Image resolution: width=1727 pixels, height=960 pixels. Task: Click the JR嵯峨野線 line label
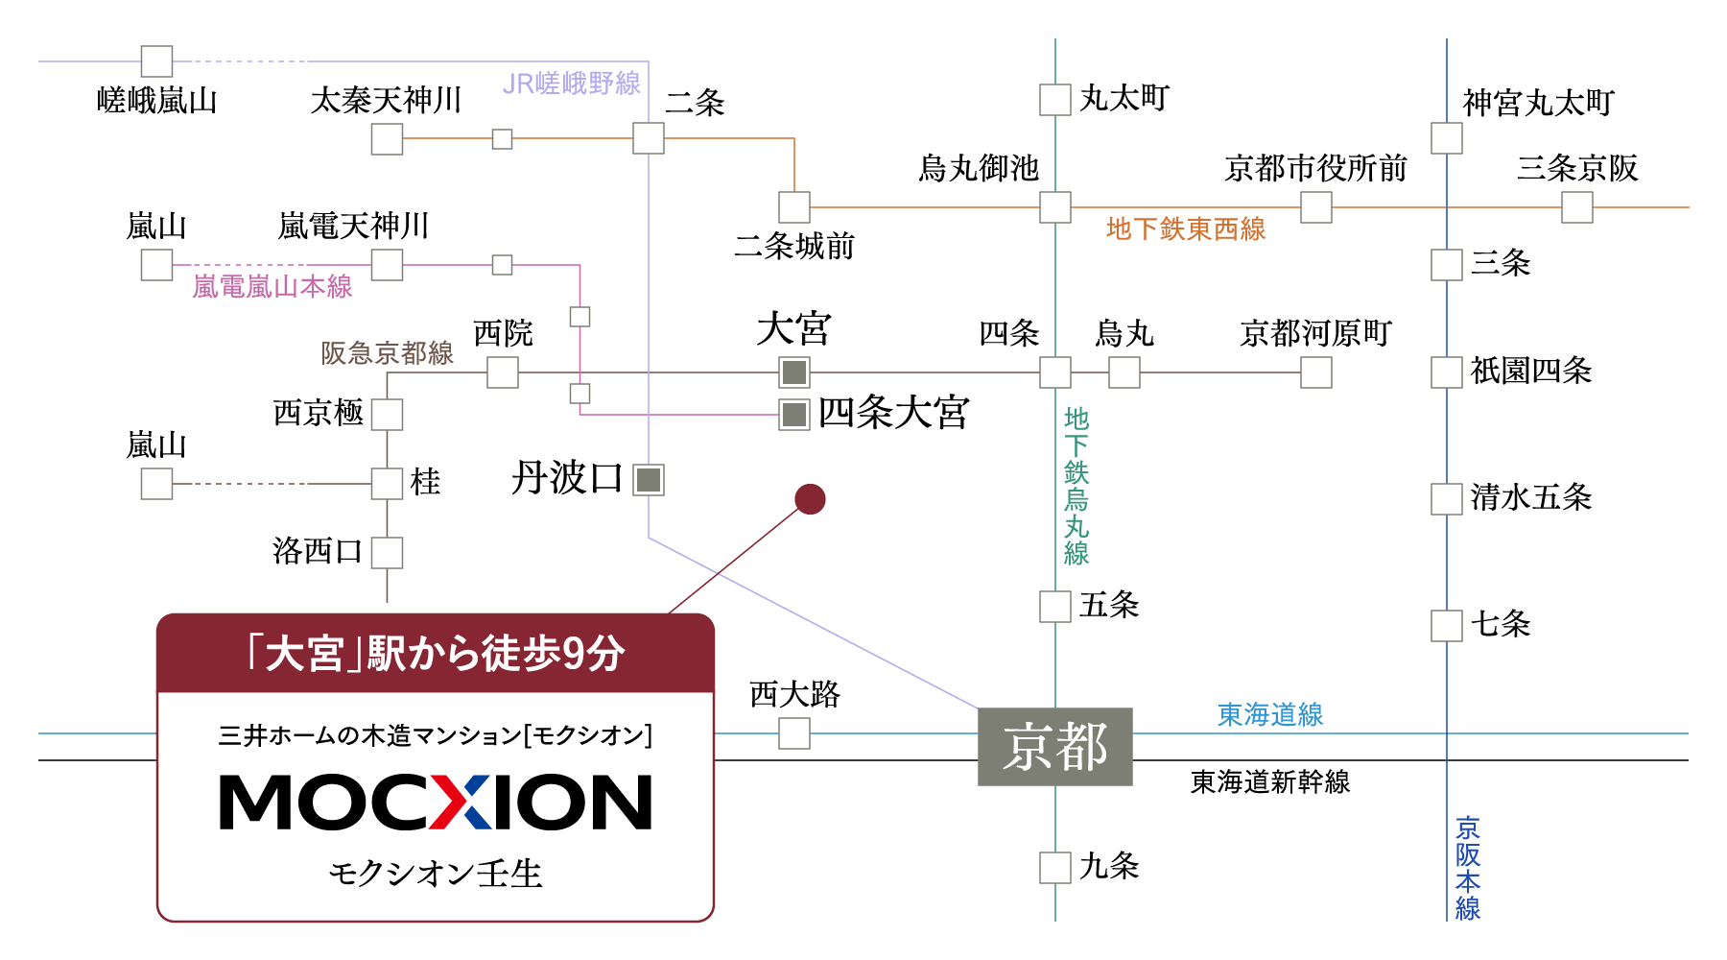(571, 84)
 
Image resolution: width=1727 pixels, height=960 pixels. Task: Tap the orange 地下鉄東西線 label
(1186, 228)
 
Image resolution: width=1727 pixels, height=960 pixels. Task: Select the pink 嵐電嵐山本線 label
(272, 286)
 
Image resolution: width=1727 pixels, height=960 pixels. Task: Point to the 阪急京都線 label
(387, 353)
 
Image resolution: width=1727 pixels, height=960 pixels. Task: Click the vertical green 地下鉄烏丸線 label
(1076, 486)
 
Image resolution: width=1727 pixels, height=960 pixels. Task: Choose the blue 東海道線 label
(1270, 714)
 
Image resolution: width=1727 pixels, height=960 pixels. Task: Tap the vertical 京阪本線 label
(1468, 868)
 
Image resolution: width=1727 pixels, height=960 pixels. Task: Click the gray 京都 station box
(1055, 747)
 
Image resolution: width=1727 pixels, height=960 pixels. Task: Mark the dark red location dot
(810, 499)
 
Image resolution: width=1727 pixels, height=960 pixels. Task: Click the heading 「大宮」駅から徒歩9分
(436, 654)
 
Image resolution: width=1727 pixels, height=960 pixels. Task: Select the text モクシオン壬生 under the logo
(436, 874)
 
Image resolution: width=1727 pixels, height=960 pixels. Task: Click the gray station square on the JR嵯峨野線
(649, 480)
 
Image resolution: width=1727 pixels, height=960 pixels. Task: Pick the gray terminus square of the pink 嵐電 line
(794, 415)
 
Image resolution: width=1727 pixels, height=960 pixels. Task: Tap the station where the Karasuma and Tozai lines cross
(1055, 207)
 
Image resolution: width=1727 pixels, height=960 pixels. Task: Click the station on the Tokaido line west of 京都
(794, 733)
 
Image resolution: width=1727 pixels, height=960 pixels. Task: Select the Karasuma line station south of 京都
(1055, 868)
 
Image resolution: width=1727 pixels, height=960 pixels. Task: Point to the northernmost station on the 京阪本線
(1447, 138)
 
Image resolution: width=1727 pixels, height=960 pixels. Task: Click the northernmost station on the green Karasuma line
(1055, 100)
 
